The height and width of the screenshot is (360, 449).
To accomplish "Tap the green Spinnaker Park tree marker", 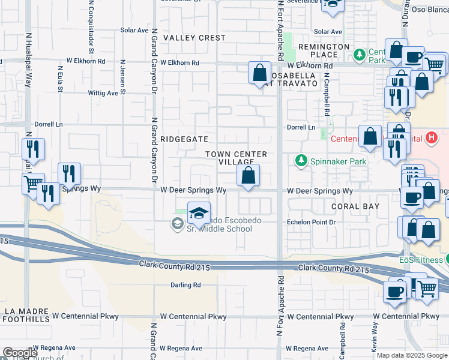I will (x=300, y=161).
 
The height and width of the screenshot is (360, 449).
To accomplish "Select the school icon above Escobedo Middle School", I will (x=199, y=212).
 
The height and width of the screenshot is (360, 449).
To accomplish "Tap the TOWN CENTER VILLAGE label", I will (x=236, y=158).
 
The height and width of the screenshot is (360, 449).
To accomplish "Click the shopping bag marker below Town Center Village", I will (x=248, y=176).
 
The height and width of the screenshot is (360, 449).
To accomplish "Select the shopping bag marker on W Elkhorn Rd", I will (x=259, y=73).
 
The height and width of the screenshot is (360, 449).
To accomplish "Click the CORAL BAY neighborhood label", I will (x=355, y=206).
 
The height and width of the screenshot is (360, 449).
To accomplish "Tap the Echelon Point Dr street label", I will (x=310, y=221).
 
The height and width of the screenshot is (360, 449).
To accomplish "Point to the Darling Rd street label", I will (x=185, y=285).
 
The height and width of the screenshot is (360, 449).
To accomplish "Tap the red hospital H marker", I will (x=430, y=137).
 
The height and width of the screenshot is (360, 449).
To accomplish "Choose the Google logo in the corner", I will (x=19, y=353).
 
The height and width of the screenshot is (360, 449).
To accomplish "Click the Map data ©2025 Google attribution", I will (x=411, y=355).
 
